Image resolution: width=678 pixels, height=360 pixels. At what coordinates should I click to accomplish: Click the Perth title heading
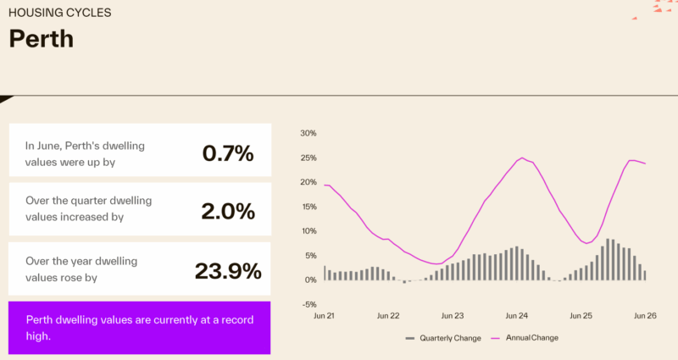click(x=41, y=39)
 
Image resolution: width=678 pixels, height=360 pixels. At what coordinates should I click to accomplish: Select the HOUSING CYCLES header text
click(x=59, y=13)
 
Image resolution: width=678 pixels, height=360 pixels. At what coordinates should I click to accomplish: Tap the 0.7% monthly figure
click(x=228, y=153)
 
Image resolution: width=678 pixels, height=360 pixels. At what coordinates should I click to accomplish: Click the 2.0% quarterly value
click(x=228, y=211)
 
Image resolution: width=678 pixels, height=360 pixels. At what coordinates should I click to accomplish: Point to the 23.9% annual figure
click(x=228, y=271)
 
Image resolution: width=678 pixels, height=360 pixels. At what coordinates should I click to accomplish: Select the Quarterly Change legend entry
click(x=443, y=338)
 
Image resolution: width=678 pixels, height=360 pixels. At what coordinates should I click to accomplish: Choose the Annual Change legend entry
click(x=525, y=338)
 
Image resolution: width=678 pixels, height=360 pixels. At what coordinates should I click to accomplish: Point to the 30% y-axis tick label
click(x=308, y=133)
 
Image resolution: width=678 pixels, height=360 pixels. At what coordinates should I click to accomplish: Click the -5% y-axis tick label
click(x=309, y=304)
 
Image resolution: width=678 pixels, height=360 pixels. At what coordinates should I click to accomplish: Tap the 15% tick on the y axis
click(x=308, y=207)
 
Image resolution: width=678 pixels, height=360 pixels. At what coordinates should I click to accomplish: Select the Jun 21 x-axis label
click(x=324, y=316)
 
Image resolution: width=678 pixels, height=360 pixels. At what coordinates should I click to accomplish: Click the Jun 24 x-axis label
click(x=517, y=316)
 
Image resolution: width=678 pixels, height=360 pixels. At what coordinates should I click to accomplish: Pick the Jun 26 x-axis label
click(x=645, y=316)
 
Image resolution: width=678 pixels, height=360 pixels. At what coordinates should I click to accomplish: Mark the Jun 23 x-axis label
click(x=453, y=316)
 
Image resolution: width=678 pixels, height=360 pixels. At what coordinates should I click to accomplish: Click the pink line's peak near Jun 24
click(x=522, y=158)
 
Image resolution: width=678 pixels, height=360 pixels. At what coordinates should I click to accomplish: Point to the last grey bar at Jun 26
click(x=645, y=276)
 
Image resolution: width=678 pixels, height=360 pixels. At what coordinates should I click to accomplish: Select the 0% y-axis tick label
click(x=310, y=280)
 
